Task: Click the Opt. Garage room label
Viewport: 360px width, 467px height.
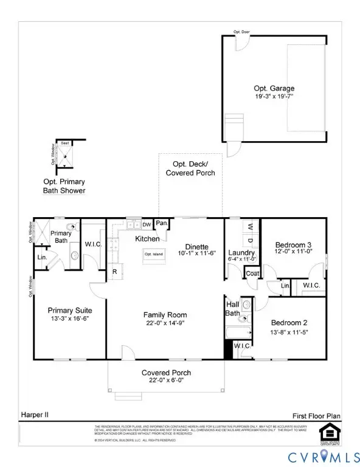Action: click(x=274, y=88)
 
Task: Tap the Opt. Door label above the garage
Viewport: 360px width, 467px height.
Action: click(x=241, y=32)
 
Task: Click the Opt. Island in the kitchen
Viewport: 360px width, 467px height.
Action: click(x=151, y=254)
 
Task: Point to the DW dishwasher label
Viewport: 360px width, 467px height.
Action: click(x=147, y=224)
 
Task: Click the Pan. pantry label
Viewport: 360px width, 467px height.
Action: click(x=161, y=223)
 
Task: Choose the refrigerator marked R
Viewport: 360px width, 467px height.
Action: click(x=114, y=272)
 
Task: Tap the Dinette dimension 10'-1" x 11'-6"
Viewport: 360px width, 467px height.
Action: click(x=196, y=252)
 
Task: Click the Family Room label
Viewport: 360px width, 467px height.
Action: click(x=165, y=314)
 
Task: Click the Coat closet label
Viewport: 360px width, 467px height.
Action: click(x=252, y=274)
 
